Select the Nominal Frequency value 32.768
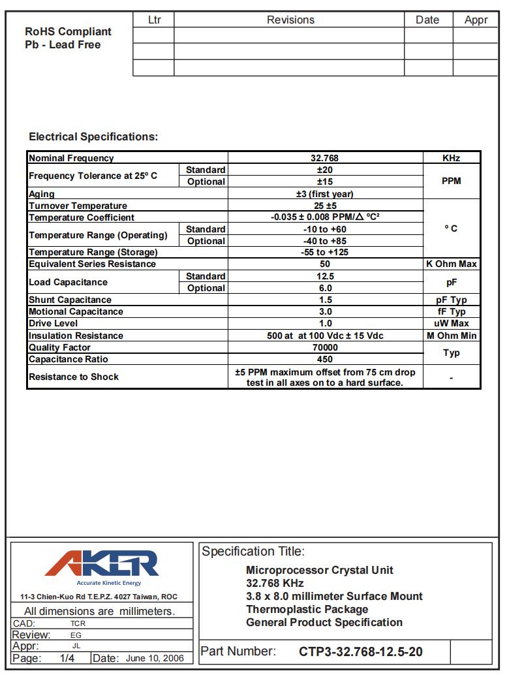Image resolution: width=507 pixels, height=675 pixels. [325, 158]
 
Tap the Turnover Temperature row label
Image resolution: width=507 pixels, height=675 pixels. [78, 206]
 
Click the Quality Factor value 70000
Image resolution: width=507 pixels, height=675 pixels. [325, 347]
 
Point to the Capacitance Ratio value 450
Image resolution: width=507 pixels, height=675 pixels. [325, 359]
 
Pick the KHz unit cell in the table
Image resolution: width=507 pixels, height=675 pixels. [451, 158]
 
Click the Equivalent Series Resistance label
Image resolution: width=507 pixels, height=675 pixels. [92, 264]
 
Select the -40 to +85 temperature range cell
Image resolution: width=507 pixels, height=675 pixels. [325, 241]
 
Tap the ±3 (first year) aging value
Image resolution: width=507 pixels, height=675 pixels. [325, 194]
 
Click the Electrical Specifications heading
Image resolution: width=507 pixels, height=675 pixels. [93, 137]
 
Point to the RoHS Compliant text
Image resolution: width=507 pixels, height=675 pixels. [68, 31]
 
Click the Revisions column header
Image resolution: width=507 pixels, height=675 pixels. [290, 20]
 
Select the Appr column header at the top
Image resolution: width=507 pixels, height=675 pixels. [476, 20]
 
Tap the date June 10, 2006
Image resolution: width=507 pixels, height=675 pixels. [155, 658]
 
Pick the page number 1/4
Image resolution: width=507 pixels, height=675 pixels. [67, 658]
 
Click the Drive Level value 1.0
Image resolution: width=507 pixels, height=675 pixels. [325, 324]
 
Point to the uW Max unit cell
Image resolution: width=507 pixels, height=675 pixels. [451, 324]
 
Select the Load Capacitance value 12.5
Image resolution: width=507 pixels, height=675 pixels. [325, 276]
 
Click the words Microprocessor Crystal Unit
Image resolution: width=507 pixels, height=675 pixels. [320, 570]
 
